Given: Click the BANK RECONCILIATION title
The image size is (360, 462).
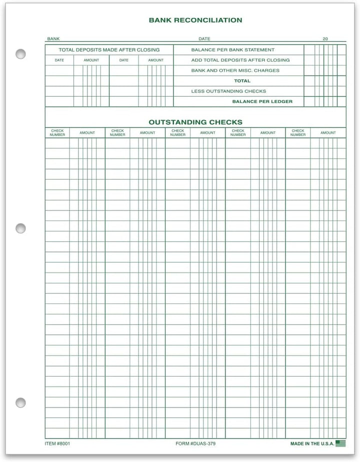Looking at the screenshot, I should tap(195, 20).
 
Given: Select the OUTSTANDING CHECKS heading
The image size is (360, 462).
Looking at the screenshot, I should tap(195, 122).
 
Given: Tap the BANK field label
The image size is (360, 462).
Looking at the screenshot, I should tap(53, 38).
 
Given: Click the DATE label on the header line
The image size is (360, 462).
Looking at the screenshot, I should tap(204, 38).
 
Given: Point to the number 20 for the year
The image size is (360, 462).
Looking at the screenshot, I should tap(325, 38).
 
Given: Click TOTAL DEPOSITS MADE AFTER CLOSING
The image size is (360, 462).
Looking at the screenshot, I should tap(109, 50).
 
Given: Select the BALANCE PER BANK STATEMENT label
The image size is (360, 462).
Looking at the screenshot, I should tap(233, 50).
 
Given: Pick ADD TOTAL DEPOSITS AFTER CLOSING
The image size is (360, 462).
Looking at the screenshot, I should tap(240, 60).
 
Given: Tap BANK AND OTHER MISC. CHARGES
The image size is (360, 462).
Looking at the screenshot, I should tap(235, 70).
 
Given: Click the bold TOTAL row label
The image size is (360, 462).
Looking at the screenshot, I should tap(242, 81).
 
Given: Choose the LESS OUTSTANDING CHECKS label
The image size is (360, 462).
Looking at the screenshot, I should tap(228, 91).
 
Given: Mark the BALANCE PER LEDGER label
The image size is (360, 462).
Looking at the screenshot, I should tap(262, 101).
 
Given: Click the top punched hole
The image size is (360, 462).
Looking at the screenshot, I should tap(20, 54).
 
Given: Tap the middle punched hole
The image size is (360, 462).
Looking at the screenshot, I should tap(20, 228).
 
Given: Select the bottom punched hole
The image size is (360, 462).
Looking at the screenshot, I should tap(20, 402).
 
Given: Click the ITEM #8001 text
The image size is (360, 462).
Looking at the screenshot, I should tap(58, 443).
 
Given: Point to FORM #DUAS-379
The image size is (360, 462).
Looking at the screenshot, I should tap(195, 443).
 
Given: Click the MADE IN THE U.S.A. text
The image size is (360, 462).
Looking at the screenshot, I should tap(311, 443).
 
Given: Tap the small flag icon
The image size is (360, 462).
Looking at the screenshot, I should tap(340, 443).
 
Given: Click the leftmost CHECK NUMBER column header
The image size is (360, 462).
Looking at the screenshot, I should tap(57, 133).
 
